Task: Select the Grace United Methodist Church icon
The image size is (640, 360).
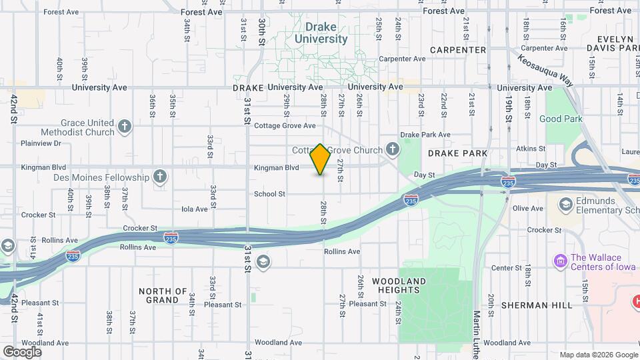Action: coord(124,126)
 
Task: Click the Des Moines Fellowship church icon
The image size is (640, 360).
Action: coord(159,177)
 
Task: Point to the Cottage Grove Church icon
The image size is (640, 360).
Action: coord(393,149)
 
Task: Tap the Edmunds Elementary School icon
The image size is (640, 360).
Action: coord(565,203)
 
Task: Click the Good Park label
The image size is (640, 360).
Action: coord(561,119)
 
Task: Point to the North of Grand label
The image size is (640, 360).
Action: coord(163,295)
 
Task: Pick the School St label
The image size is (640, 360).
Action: coord(269,194)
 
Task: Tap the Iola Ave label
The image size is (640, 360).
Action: coord(195,209)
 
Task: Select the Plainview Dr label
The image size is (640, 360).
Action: coord(41,143)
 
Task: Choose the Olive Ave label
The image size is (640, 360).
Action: coord(528,208)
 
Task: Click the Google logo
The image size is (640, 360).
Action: coord(21,351)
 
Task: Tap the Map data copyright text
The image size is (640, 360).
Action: coord(599,355)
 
